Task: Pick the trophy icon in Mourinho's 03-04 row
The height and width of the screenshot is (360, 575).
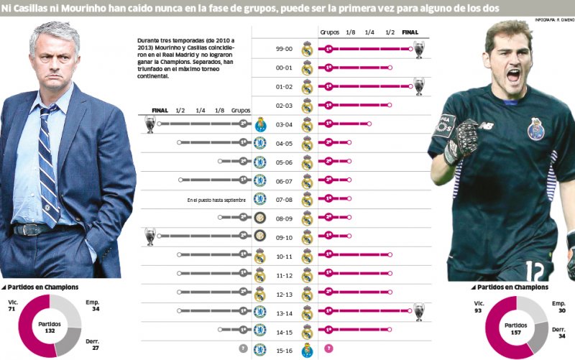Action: click(x=149, y=124)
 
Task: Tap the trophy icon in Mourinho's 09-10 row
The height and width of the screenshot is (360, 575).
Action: click(x=149, y=236)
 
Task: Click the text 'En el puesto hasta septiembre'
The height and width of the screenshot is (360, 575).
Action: click(x=216, y=199)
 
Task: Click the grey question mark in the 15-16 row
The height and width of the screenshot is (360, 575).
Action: click(x=243, y=349)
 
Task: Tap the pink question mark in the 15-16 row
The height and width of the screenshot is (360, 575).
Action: click(x=328, y=349)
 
